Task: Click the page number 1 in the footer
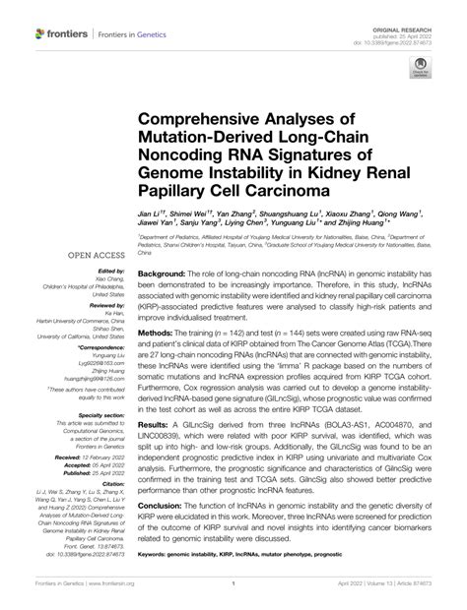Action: pyautogui.click(x=233, y=596)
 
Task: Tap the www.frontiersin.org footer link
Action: pyautogui.click(x=115, y=596)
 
